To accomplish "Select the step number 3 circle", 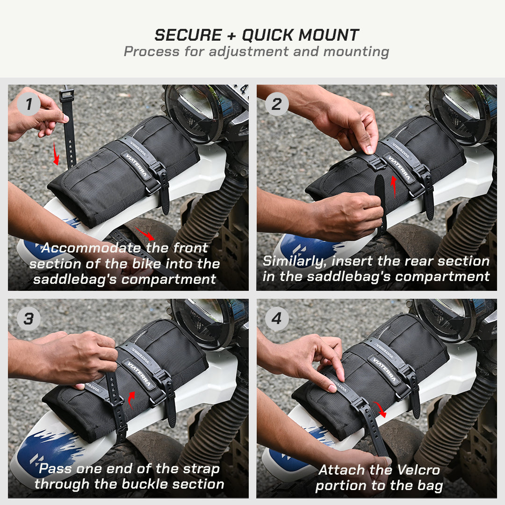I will coord(29,319).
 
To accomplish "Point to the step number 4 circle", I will coord(277,319).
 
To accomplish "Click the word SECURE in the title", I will coord(188,35).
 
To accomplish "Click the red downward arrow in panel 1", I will coord(56,155).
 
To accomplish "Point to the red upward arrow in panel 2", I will coord(393,186).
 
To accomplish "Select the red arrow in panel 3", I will coord(132,398).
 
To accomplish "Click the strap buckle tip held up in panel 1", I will coord(66,95).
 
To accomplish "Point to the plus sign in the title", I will coord(231,36).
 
